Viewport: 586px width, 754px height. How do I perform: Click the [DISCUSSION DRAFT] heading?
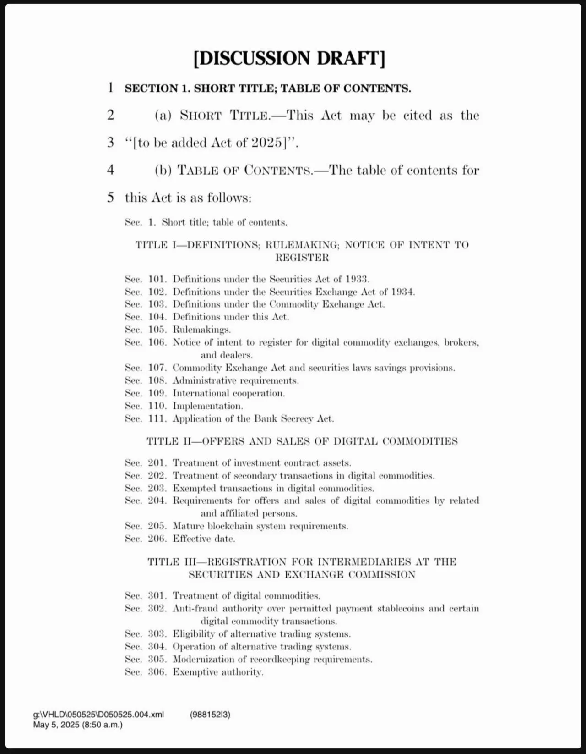(x=289, y=58)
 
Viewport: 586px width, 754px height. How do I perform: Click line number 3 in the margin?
(x=110, y=142)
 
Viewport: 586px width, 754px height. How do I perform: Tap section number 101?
(x=157, y=279)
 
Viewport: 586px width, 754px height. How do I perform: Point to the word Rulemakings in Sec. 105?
(x=201, y=330)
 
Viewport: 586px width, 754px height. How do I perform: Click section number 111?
(x=157, y=418)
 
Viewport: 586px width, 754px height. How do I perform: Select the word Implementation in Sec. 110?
(x=207, y=406)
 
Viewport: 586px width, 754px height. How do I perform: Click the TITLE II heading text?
(x=302, y=441)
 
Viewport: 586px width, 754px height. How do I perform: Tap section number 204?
(x=157, y=501)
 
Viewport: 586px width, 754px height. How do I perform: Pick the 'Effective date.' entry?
(x=204, y=539)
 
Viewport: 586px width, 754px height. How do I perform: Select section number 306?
(x=157, y=672)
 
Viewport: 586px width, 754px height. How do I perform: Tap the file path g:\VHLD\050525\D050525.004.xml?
(x=98, y=715)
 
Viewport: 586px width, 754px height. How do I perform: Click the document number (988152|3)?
(x=210, y=715)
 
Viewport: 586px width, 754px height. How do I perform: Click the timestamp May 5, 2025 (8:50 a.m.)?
(x=78, y=725)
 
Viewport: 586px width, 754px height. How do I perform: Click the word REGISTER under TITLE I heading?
(x=302, y=258)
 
